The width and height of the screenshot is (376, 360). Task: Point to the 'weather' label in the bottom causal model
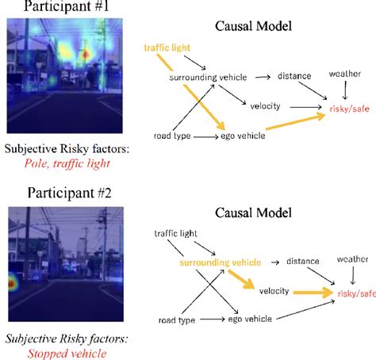click(351, 259)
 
